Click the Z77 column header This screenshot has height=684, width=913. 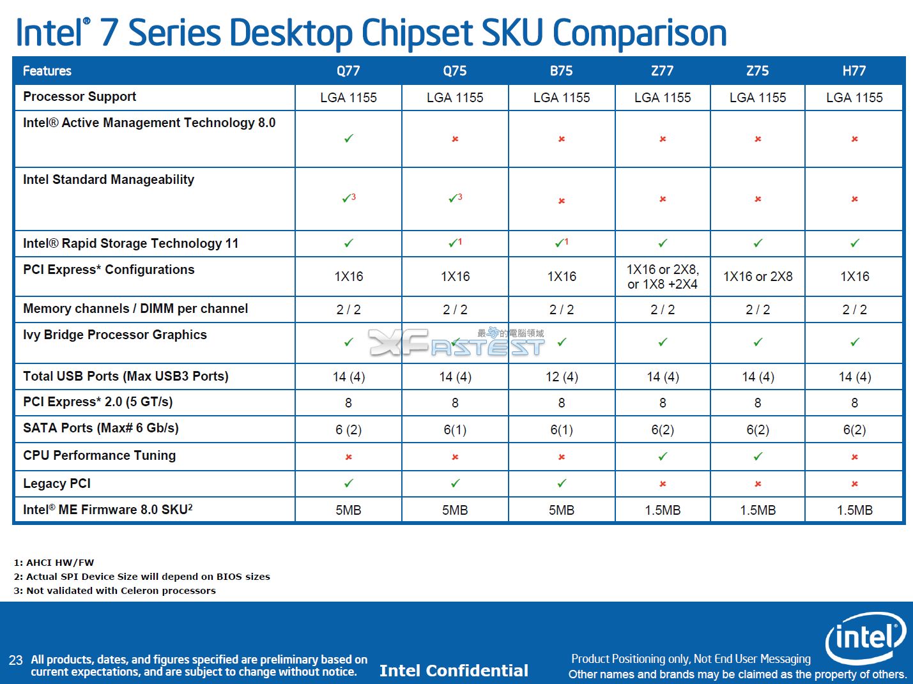(x=662, y=71)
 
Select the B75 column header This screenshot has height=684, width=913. (x=561, y=71)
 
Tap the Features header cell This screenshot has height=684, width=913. (x=47, y=71)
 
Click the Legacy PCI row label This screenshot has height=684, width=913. (x=57, y=483)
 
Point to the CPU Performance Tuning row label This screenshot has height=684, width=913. (x=99, y=455)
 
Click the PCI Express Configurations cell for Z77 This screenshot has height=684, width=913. (x=662, y=277)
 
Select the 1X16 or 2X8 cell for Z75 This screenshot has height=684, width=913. (x=757, y=277)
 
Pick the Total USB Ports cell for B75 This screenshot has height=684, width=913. (x=562, y=377)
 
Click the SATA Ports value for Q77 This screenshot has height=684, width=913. (x=348, y=430)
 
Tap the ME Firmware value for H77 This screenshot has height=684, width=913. (x=854, y=510)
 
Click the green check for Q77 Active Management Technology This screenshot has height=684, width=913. (x=348, y=139)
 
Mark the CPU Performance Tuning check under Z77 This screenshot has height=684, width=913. (x=663, y=457)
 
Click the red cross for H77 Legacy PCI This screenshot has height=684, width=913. (x=854, y=484)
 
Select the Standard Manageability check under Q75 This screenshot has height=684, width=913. (x=454, y=199)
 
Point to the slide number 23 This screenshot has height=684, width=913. (x=15, y=660)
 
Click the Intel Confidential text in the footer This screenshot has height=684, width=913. (x=454, y=671)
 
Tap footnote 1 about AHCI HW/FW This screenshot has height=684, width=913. (x=54, y=563)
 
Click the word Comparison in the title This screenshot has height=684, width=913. (x=640, y=33)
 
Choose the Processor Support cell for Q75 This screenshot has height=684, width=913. (x=455, y=98)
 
